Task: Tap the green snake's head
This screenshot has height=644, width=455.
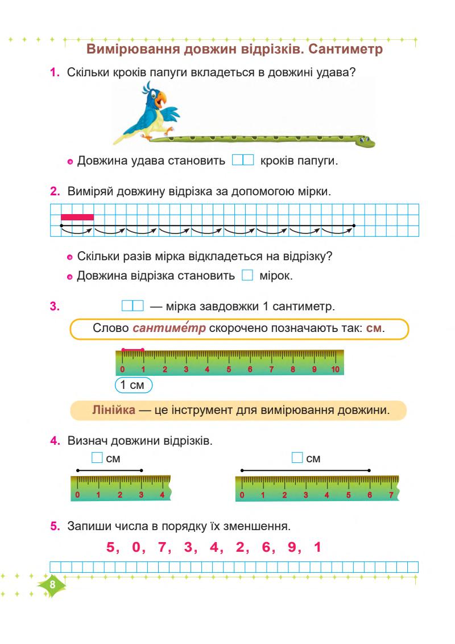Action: pos(364,141)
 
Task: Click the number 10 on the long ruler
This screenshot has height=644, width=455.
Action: pos(335,369)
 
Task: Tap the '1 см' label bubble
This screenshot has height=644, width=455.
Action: pos(134,385)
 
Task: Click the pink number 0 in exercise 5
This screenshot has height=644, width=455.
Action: pos(135,548)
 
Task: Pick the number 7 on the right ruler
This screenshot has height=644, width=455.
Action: pos(391,495)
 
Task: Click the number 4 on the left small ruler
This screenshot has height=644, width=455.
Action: pos(162,495)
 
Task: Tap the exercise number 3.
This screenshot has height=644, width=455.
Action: pos(55,306)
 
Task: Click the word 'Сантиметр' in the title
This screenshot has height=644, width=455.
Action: pos(346,49)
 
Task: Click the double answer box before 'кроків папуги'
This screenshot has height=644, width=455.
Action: pos(242,162)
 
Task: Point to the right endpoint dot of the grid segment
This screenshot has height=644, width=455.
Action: pos(354,226)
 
